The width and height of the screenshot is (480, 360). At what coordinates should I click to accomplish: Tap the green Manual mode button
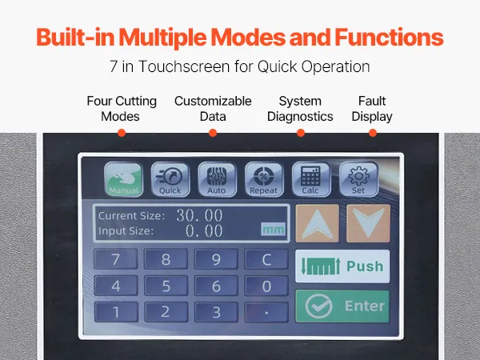click(x=123, y=180)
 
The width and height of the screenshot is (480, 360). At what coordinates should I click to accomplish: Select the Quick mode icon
click(x=170, y=180)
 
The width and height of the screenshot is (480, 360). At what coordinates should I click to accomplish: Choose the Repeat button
click(x=264, y=180)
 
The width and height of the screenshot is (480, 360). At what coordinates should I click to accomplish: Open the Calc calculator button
click(x=311, y=180)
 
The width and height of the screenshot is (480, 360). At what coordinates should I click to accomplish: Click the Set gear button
click(x=358, y=180)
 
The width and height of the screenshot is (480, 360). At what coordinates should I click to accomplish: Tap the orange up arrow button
click(x=317, y=223)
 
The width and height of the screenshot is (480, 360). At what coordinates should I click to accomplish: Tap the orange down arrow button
click(x=368, y=223)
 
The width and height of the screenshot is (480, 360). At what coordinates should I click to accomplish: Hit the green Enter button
click(x=342, y=306)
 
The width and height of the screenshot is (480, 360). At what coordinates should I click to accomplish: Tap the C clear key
click(x=266, y=259)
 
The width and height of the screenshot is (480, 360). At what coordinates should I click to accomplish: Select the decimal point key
click(x=266, y=312)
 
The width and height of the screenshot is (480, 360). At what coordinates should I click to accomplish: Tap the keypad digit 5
click(x=166, y=286)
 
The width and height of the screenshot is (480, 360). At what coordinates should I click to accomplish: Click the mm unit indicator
click(x=273, y=230)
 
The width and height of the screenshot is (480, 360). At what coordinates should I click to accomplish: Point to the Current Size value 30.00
click(x=199, y=215)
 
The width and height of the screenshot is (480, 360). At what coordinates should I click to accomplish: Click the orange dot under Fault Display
click(x=373, y=133)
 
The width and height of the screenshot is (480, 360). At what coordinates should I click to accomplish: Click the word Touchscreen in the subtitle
click(x=184, y=66)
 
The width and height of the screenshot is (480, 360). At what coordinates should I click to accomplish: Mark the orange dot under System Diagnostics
click(x=301, y=133)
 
